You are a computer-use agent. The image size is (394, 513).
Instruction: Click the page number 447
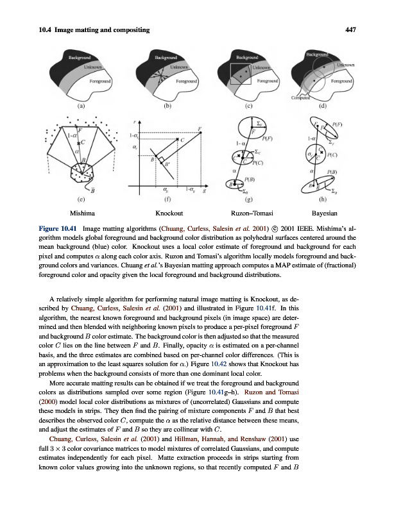coord(350,29)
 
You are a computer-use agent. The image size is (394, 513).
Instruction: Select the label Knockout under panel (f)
coord(169,212)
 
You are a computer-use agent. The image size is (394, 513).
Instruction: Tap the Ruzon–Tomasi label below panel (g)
coord(252,212)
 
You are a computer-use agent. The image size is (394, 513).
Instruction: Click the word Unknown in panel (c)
coord(262,67)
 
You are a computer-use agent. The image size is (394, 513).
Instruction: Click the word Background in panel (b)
coord(167,57)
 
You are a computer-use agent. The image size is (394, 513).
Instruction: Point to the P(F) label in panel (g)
coord(268,137)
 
